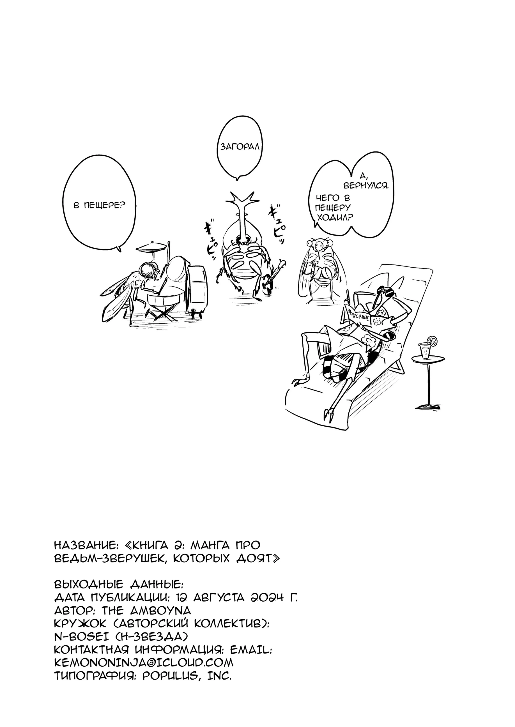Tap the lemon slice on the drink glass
pyautogui.click(x=433, y=340)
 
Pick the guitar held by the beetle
pyautogui.click(x=272, y=275)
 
